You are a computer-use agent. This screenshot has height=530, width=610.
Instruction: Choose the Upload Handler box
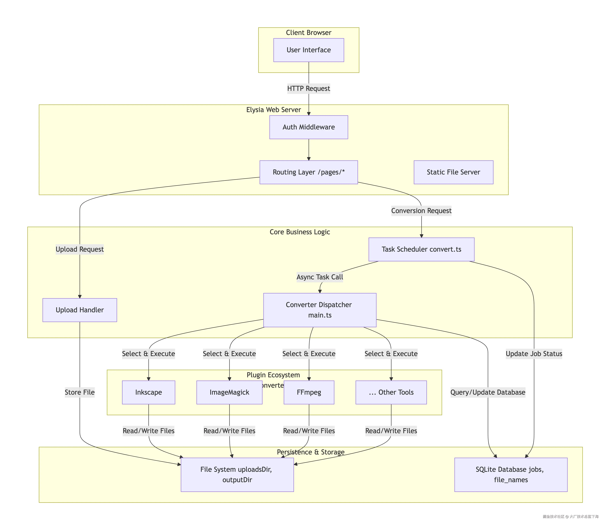click(80, 310)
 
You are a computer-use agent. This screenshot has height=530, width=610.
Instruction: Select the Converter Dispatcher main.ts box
click(320, 310)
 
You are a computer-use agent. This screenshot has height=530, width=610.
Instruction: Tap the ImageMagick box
click(229, 392)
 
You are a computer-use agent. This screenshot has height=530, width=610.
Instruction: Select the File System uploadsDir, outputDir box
click(237, 475)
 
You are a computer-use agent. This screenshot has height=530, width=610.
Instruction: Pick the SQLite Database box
click(511, 475)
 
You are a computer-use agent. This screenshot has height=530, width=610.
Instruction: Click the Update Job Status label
click(534, 354)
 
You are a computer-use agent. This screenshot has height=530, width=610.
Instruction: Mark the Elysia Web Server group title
click(273, 110)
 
